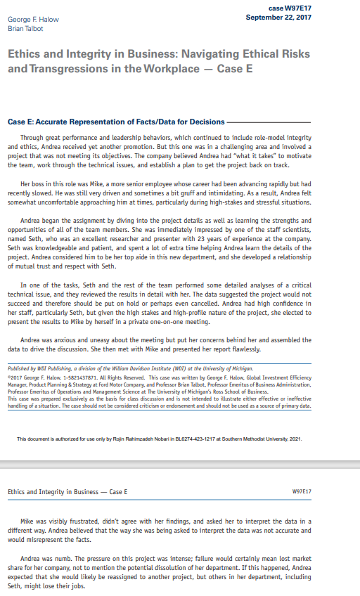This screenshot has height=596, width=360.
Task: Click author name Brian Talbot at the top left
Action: [25, 28]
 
